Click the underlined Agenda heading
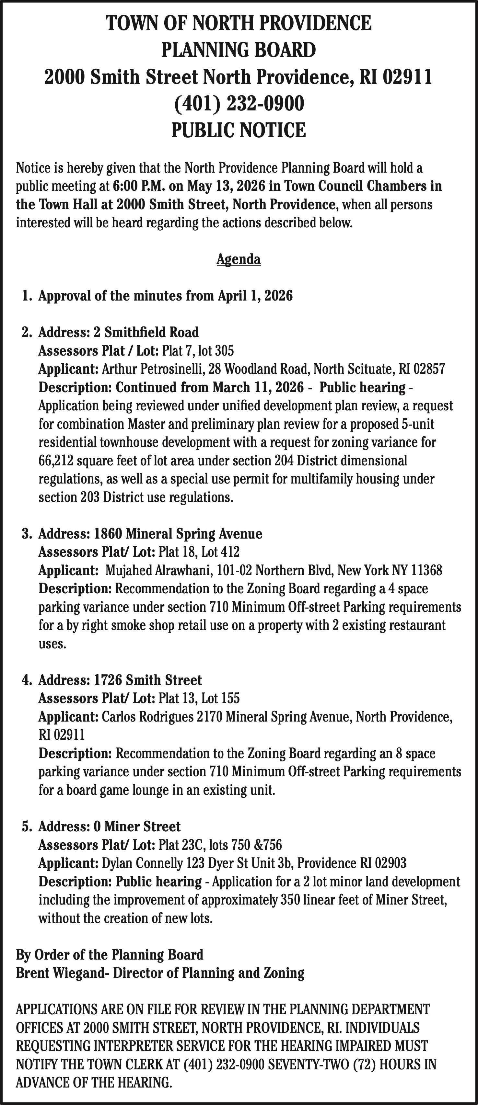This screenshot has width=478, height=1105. coord(239,259)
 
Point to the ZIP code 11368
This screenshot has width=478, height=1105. coord(426,570)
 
